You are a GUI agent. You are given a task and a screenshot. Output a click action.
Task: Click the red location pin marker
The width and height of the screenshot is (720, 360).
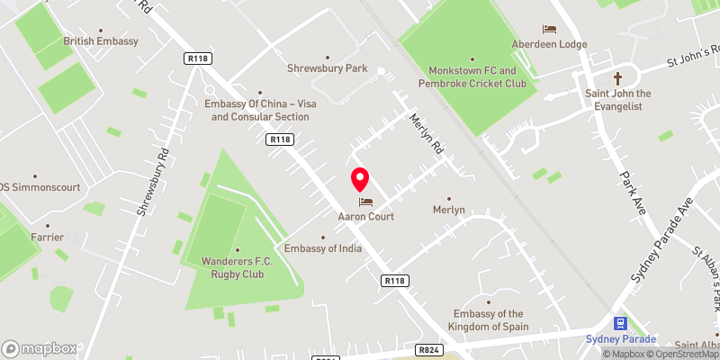pos(360,179)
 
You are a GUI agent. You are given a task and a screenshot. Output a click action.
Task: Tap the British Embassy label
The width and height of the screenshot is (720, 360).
pos(101,41)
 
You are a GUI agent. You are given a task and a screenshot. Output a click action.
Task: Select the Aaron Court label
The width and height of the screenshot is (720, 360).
pos(365,217)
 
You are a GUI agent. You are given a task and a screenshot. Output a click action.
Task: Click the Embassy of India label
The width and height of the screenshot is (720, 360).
pos(323,248)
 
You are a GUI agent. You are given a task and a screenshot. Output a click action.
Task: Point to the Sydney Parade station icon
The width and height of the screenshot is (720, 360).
pos(620,322)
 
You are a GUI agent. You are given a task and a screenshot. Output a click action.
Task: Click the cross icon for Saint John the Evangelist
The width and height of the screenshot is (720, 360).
pos(618,78)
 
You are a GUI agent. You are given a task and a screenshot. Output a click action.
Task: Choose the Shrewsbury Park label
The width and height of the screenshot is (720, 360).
pos(327,67)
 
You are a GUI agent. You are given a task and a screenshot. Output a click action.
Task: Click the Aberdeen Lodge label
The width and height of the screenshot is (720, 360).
pos(549,44)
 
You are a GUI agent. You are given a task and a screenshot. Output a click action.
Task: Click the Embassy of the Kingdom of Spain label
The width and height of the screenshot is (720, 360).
pos(488,319)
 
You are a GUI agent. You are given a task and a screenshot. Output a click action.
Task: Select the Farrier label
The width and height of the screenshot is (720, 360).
pos(46,238)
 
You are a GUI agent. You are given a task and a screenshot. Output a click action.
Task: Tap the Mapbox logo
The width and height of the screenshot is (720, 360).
pos(40,348)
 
